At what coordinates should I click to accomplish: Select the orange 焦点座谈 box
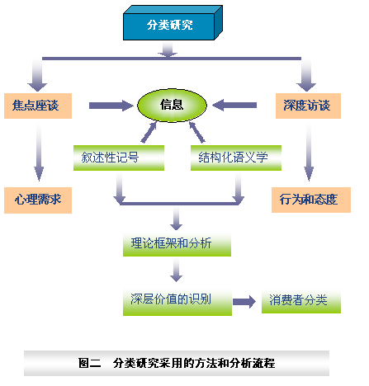38,106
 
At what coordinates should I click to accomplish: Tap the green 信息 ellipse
172,105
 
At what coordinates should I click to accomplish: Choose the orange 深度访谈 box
308,106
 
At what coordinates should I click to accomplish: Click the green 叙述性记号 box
119,158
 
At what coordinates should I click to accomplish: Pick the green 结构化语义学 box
236,158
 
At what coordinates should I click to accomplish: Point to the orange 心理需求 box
38,200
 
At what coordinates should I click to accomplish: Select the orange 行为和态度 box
311,200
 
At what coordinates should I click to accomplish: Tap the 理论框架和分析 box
177,244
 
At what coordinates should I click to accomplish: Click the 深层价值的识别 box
177,302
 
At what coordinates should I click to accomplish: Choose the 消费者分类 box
301,301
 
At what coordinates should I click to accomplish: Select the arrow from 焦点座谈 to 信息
111,106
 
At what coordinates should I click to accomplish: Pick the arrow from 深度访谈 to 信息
234,105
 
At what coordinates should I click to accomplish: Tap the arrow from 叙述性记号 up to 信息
149,132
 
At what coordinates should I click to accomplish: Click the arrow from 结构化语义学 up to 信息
196,132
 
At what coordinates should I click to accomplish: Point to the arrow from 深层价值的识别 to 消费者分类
244,302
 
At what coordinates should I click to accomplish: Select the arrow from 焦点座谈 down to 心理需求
39,152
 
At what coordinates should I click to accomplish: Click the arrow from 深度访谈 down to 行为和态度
309,152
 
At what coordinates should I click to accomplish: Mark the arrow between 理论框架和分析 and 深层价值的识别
177,271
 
